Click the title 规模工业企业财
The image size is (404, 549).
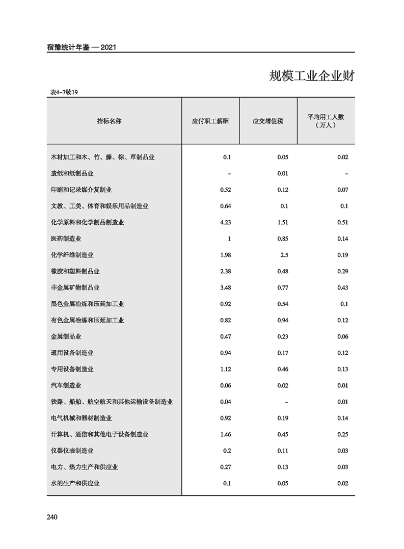(312, 76)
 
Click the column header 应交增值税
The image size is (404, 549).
(267, 121)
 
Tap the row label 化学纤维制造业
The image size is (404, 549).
(72, 255)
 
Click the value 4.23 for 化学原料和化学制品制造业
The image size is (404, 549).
(226, 222)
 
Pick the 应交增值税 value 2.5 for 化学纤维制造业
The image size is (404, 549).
(284, 255)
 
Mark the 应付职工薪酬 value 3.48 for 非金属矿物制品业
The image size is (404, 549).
(226, 287)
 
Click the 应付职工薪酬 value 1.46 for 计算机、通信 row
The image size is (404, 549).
(226, 434)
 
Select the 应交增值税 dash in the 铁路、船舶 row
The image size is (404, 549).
(287, 402)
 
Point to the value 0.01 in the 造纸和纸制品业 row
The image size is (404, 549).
(283, 173)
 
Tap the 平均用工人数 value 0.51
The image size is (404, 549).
(342, 222)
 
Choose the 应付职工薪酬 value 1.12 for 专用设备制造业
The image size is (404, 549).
(226, 369)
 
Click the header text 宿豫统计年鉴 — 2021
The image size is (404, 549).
(82, 47)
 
